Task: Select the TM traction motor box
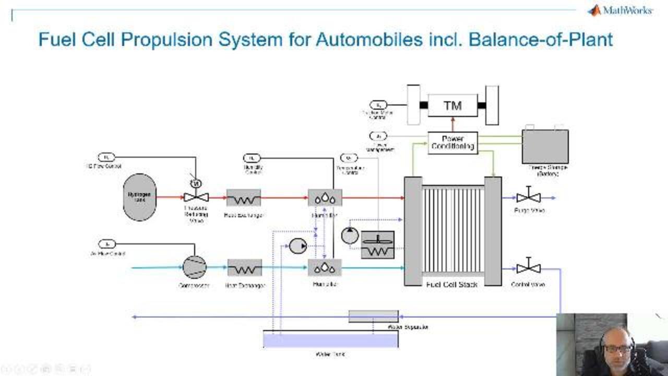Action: pyautogui.click(x=452, y=105)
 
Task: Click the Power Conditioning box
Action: pyautogui.click(x=452, y=143)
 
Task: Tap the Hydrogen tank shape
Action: pyautogui.click(x=139, y=197)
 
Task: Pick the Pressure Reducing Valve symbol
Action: pyautogui.click(x=196, y=197)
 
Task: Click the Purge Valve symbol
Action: pyautogui.click(x=528, y=197)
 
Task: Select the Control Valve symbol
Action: pyautogui.click(x=528, y=268)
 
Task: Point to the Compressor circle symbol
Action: pyautogui.click(x=194, y=267)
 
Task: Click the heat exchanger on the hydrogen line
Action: pyautogui.click(x=243, y=197)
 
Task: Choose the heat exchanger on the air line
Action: pyautogui.click(x=244, y=268)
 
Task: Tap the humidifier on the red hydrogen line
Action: pyautogui.click(x=325, y=197)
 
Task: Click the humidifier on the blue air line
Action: pyautogui.click(x=325, y=267)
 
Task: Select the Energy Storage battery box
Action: pyautogui.click(x=545, y=147)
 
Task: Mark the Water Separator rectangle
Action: pyautogui.click(x=373, y=316)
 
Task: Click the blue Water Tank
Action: pyautogui.click(x=330, y=340)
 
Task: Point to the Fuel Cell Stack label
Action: pyautogui.click(x=451, y=285)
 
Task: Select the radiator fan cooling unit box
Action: pyautogui.click(x=378, y=244)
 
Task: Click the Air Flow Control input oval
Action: pyautogui.click(x=106, y=244)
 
